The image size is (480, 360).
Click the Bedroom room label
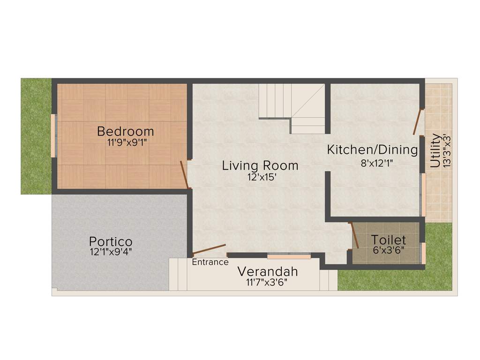(x=125, y=131)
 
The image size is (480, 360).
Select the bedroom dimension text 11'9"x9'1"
(x=127, y=143)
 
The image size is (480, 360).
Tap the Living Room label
(x=260, y=165)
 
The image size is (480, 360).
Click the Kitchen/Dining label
(x=372, y=150)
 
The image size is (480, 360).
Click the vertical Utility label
(x=435, y=150)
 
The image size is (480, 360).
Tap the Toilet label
(x=389, y=240)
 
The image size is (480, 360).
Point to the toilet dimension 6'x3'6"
(x=389, y=249)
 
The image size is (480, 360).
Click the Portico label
(x=111, y=242)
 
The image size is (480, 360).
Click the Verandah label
(x=267, y=271)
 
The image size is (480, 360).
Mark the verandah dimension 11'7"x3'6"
(x=267, y=282)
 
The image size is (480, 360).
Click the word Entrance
(x=210, y=262)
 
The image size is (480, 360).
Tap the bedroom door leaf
(x=184, y=174)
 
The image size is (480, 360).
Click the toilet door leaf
(x=355, y=235)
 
